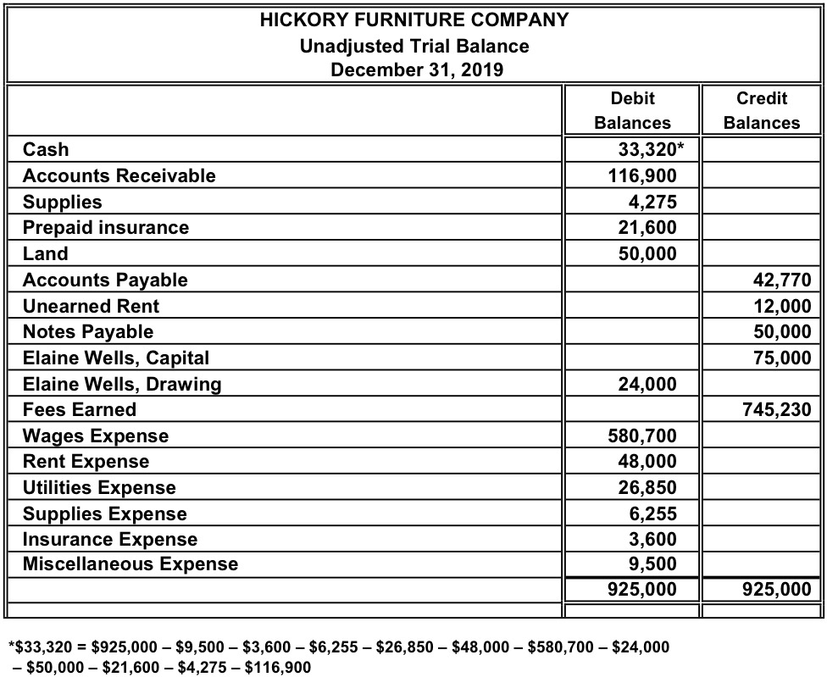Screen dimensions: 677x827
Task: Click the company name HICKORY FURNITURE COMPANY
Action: point(414,20)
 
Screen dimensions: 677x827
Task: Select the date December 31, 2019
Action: point(414,69)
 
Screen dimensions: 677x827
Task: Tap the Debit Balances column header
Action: point(632,110)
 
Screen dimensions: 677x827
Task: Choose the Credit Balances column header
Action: point(761,110)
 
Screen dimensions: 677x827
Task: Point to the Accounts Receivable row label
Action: point(119,176)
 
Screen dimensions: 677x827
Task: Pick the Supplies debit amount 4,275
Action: point(655,203)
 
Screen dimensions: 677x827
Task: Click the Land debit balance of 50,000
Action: point(647,254)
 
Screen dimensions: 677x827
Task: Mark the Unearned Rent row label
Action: point(91,306)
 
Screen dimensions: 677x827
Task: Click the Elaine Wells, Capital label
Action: point(116,358)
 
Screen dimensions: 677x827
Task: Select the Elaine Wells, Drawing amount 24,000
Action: point(647,385)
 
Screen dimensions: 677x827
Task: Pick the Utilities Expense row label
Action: point(99,488)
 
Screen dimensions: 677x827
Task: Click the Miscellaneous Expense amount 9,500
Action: point(655,564)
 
